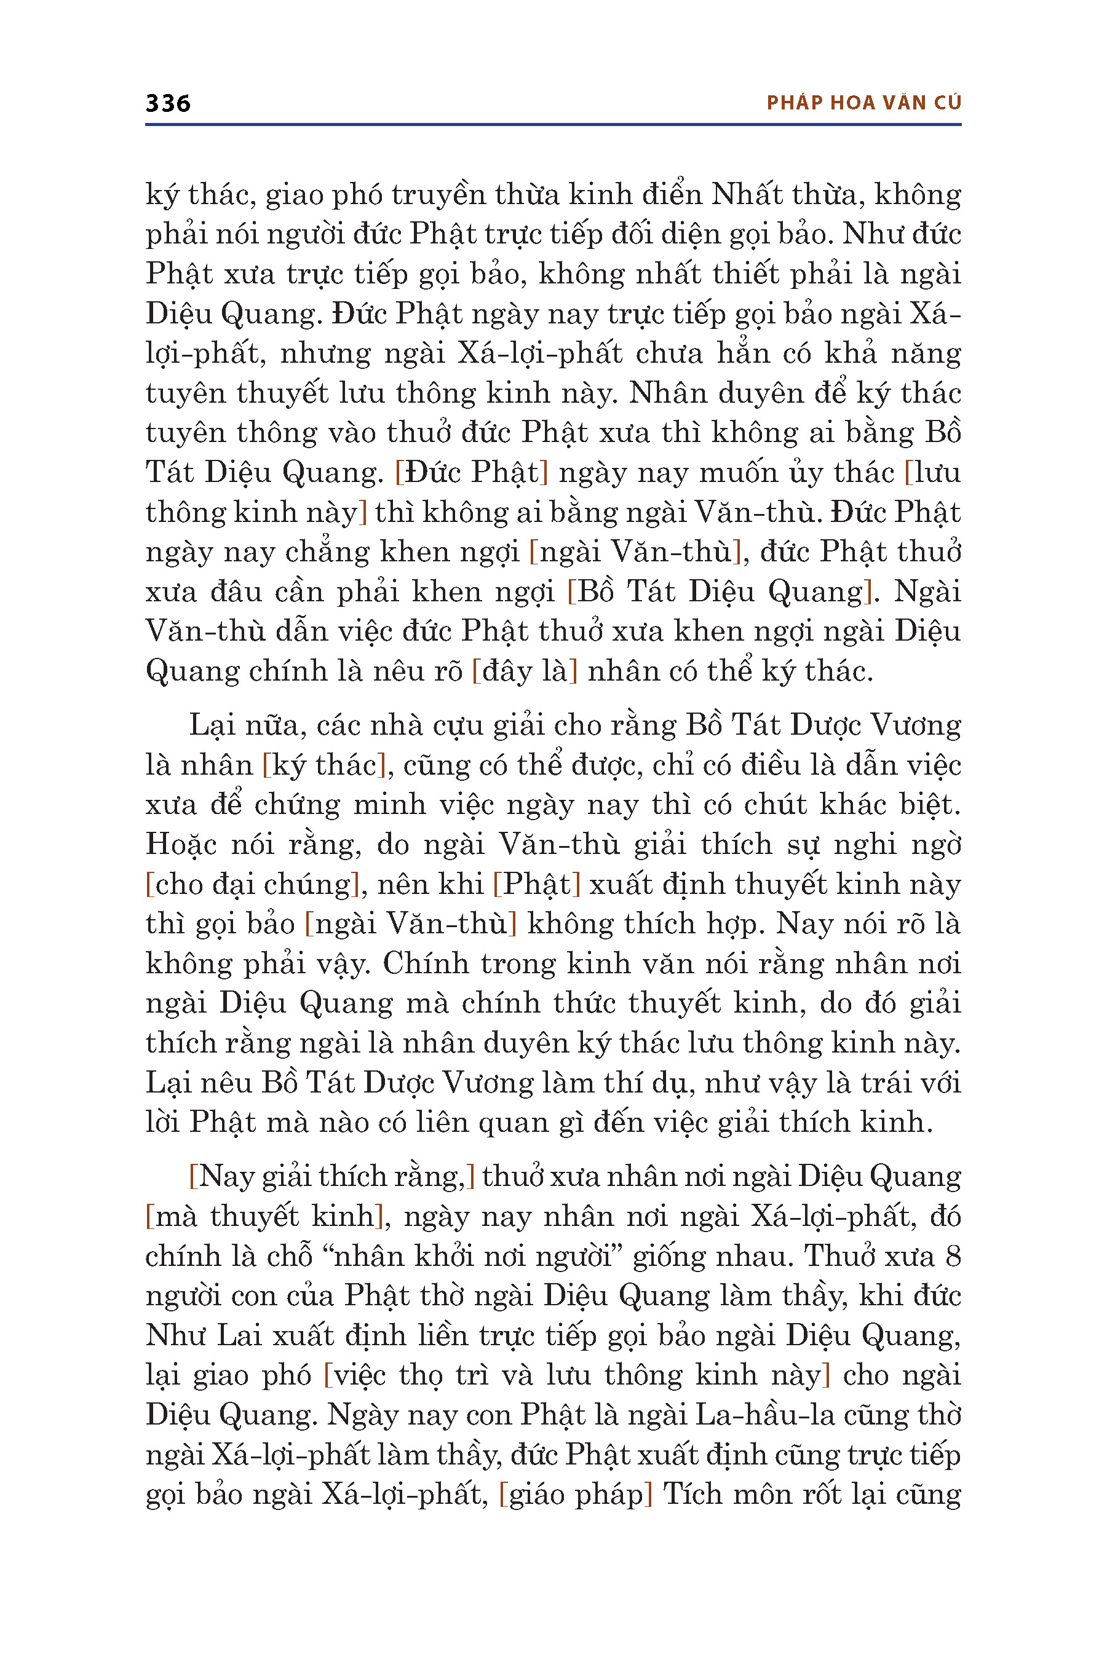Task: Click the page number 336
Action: point(168,104)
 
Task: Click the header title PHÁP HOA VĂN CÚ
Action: point(863,103)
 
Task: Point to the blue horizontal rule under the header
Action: point(553,125)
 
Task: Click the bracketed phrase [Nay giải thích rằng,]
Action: point(332,1176)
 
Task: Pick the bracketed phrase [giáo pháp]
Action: point(576,1493)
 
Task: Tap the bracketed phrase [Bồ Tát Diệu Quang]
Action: point(720,591)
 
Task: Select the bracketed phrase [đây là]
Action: point(525,671)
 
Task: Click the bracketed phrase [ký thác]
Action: point(324,765)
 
